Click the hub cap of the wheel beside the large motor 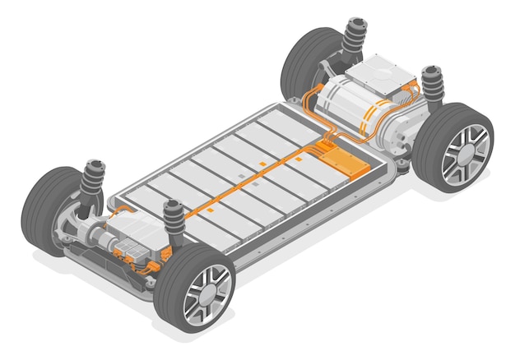(466, 155)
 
